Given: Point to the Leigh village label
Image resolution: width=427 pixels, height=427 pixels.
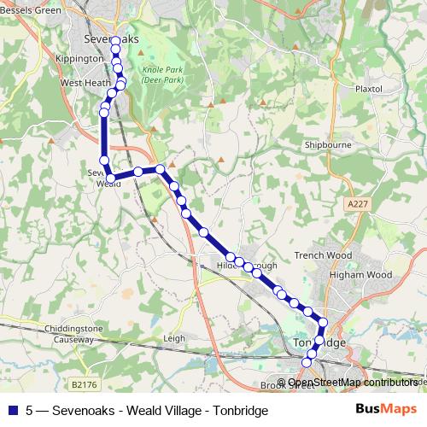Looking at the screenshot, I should click(173, 338).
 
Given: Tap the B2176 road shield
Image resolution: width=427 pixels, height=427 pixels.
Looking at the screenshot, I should click(84, 385).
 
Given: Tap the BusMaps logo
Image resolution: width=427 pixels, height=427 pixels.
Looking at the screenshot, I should click(392, 409).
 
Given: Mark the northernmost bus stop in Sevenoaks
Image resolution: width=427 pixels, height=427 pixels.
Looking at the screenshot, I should click(115, 40).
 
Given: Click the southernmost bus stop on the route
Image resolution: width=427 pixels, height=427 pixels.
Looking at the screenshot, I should click(307, 364).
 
